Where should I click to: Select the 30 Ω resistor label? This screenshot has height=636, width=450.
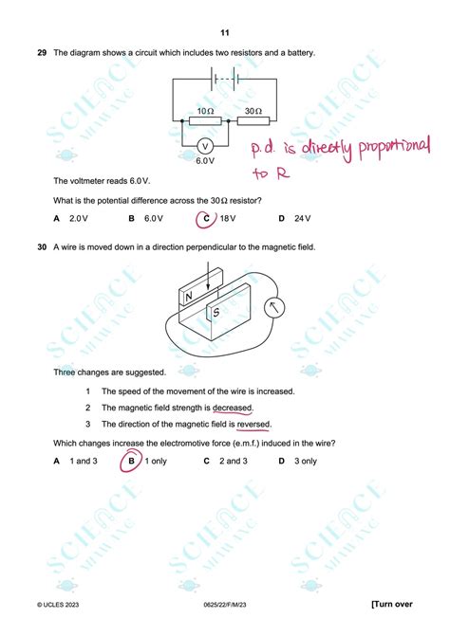click(253, 110)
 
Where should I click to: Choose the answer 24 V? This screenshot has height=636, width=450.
click(302, 219)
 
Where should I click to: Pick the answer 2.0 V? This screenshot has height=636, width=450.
click(78, 219)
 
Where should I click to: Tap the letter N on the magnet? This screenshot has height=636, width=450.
click(188, 296)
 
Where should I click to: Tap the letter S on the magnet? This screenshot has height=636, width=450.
click(216, 311)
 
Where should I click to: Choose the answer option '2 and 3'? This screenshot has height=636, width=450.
click(234, 462)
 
